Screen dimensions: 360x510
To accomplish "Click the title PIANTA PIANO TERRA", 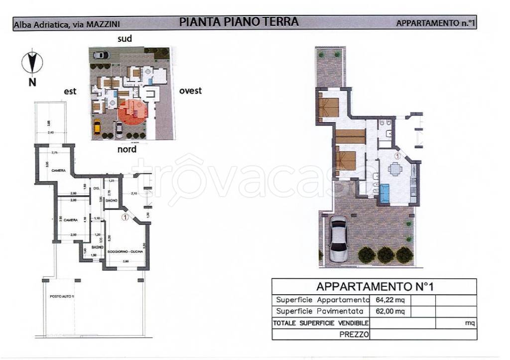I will pyautogui.click(x=239, y=22).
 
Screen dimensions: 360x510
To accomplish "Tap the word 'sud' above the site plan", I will pyautogui.click(x=125, y=38).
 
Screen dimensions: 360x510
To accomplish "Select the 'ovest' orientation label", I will pyautogui.click(x=190, y=91).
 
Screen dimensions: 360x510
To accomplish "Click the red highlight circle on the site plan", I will pyautogui.click(x=133, y=113).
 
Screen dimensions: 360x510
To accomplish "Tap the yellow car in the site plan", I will pyautogui.click(x=97, y=127).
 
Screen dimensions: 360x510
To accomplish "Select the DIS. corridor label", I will pyautogui.click(x=97, y=188).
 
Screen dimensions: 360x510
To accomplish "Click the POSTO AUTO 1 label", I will pyautogui.click(x=61, y=297).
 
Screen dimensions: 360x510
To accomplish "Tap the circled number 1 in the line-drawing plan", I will pyautogui.click(x=125, y=217).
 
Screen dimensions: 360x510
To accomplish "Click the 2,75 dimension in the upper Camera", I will pyautogui.click(x=55, y=152).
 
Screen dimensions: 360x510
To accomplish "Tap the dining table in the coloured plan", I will pyautogui.click(x=395, y=169).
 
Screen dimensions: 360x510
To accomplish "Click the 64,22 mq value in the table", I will pyautogui.click(x=390, y=300).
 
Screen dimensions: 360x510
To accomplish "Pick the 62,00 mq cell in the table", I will pyautogui.click(x=390, y=312).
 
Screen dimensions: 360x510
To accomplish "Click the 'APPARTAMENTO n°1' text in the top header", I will pyautogui.click(x=435, y=23).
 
